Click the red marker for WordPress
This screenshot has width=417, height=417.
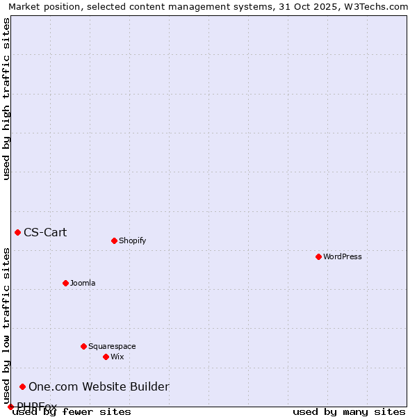318,256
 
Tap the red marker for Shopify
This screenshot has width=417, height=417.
114,240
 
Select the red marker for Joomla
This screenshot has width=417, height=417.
65,283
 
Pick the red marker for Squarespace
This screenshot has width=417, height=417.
83,346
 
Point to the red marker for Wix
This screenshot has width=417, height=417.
106,357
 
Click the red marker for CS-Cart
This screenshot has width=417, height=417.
17,232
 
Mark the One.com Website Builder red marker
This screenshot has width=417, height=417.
22,386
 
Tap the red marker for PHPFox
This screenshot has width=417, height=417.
10,407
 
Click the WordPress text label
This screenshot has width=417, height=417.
343,256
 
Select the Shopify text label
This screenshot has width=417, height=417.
133,240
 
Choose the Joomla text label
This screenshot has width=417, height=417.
83,283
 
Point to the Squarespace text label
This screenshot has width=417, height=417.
112,346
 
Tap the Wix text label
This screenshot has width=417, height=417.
117,357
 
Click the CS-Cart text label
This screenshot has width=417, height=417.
45,232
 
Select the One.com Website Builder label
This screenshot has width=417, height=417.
99,386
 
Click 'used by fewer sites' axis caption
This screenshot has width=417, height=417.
72,411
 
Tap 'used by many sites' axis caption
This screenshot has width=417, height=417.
349,411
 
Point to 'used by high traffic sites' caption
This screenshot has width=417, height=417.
6,99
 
